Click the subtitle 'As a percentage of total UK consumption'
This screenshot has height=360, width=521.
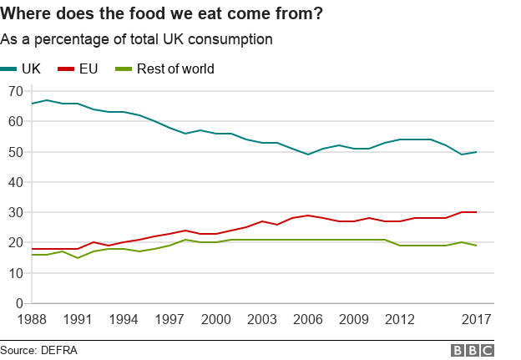coord(136,39)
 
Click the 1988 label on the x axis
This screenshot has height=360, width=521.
coord(32,319)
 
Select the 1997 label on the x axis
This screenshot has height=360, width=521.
coord(169,319)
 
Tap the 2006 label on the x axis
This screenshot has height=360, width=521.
coord(308,319)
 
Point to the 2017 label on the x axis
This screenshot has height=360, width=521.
coord(476,319)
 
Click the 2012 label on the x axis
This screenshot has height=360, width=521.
coord(401,319)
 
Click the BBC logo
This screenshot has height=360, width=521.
coord(473,350)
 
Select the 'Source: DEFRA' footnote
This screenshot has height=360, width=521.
coord(38,350)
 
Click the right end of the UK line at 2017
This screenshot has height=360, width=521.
coord(477,152)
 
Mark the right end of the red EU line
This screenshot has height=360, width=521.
coord(477,212)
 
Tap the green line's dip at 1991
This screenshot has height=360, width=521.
coord(78,257)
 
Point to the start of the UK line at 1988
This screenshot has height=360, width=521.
coord(32,104)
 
